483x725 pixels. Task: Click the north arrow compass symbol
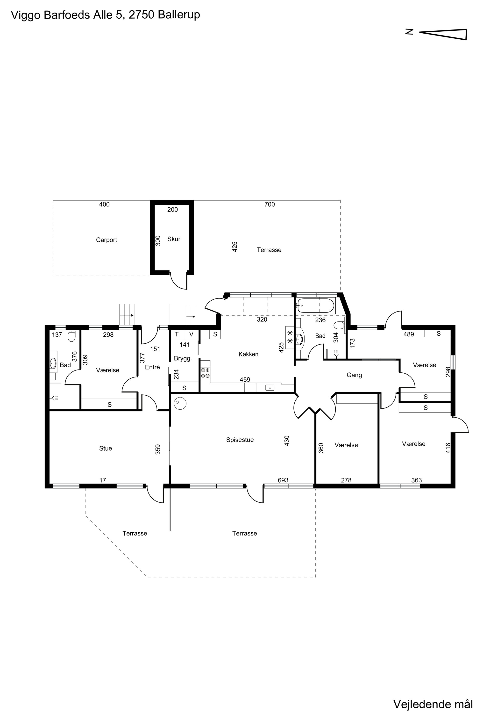(x=444, y=34)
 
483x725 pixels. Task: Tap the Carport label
(x=106, y=240)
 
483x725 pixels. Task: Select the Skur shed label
(x=174, y=239)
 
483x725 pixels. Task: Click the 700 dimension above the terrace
(x=270, y=204)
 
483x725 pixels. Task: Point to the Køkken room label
(x=248, y=354)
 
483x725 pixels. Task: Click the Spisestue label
(x=240, y=440)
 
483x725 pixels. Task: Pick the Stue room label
(x=105, y=449)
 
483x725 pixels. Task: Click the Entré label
(x=152, y=367)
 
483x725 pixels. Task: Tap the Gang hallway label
(x=354, y=375)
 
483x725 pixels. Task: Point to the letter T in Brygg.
(x=177, y=334)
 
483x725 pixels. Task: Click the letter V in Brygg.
(x=191, y=334)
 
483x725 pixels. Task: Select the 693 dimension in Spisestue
(x=283, y=480)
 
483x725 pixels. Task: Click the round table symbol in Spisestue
(x=180, y=403)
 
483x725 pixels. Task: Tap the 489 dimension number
(x=409, y=334)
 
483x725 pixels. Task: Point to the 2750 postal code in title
(x=141, y=14)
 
